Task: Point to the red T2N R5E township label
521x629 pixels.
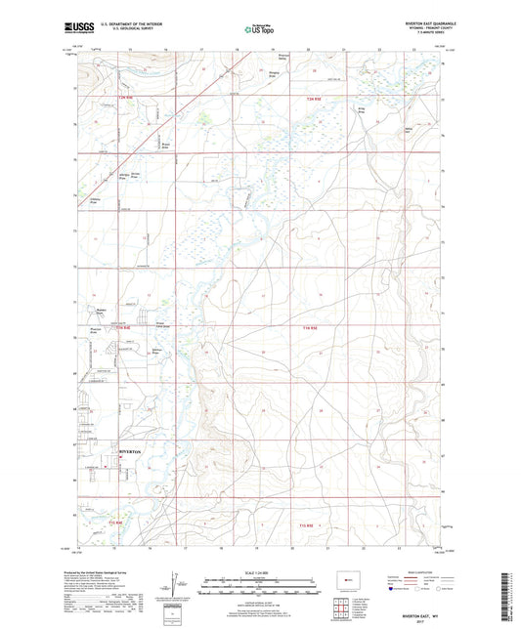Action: [x=314, y=100]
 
